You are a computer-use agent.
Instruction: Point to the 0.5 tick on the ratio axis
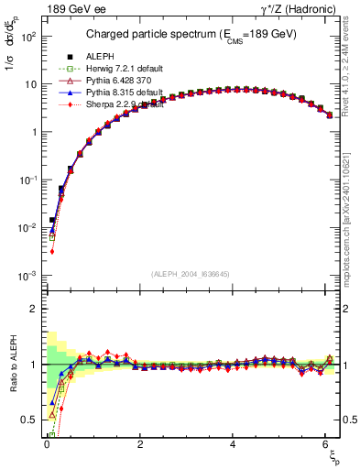click(x=30, y=420)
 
